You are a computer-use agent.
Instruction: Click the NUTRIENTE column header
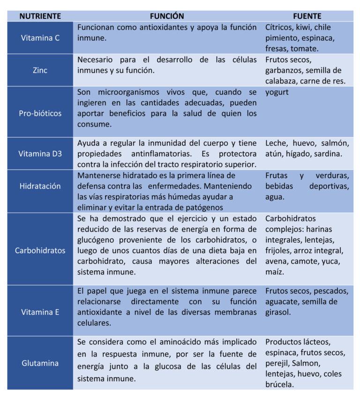(x=40, y=16)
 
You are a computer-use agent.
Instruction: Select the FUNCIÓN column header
(x=167, y=16)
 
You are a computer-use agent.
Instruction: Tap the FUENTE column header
(x=307, y=16)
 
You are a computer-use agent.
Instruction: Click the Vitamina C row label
(x=40, y=38)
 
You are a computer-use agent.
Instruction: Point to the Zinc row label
(x=40, y=70)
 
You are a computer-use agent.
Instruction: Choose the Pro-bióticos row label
(x=40, y=114)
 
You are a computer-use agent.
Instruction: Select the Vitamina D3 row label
(x=40, y=153)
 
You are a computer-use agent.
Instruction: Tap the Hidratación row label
(x=40, y=186)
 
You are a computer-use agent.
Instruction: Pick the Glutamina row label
(x=40, y=363)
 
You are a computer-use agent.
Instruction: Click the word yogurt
(x=277, y=92)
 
